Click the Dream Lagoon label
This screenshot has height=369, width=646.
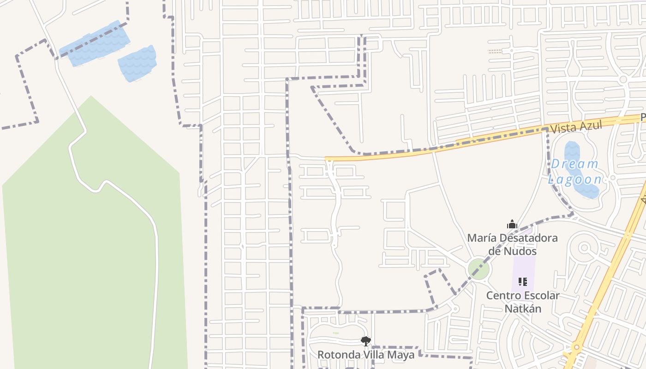pos(575,172)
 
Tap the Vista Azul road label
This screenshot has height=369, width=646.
pos(576,126)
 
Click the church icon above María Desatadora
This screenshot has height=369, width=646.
pos(512,225)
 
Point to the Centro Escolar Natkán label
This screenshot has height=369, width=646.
pos(523,302)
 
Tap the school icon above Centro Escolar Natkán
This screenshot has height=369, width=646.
pos(523,281)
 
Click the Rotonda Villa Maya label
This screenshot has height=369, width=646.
pos(366,355)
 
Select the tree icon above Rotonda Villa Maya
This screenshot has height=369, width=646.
pos(366,341)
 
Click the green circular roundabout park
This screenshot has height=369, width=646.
pos(479,269)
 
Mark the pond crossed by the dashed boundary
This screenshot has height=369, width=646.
pos(95,44)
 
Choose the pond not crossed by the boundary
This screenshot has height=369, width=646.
pos(137,64)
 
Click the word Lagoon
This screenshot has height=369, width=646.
pos(575,179)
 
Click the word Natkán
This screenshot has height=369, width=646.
pos(523,308)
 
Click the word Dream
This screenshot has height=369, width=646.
pos(574,164)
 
